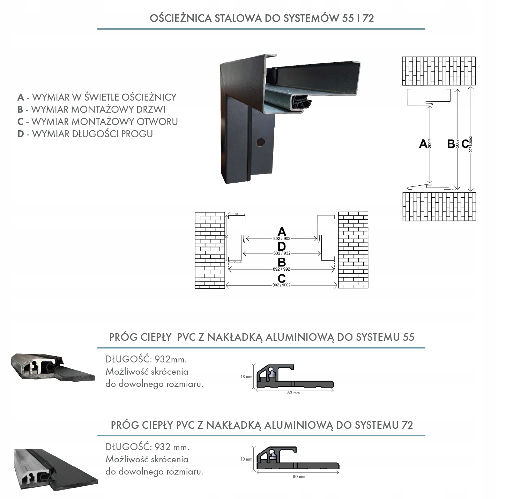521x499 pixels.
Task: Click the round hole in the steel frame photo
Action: [260, 142]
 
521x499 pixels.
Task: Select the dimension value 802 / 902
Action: [282, 239]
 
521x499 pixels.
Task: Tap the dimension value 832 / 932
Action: [282, 253]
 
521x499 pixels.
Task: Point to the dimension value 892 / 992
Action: [282, 269]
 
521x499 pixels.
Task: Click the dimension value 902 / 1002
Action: [282, 285]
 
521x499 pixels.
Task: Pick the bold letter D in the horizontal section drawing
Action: [282, 247]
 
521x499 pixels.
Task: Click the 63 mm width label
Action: [293, 393]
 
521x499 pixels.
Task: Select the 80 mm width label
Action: [299, 477]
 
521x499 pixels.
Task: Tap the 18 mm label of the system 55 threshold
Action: [246, 377]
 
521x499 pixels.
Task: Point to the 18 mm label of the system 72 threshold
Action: [246, 459]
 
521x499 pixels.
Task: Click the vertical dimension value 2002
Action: [430, 144]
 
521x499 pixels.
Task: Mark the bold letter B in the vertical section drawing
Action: [451, 144]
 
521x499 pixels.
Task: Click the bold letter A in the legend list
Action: [21, 97]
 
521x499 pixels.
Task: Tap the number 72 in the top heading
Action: [368, 18]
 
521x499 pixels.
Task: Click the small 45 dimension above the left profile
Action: [237, 214]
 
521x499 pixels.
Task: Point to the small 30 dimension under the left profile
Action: [235, 262]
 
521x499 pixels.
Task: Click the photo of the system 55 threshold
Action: [53, 367]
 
